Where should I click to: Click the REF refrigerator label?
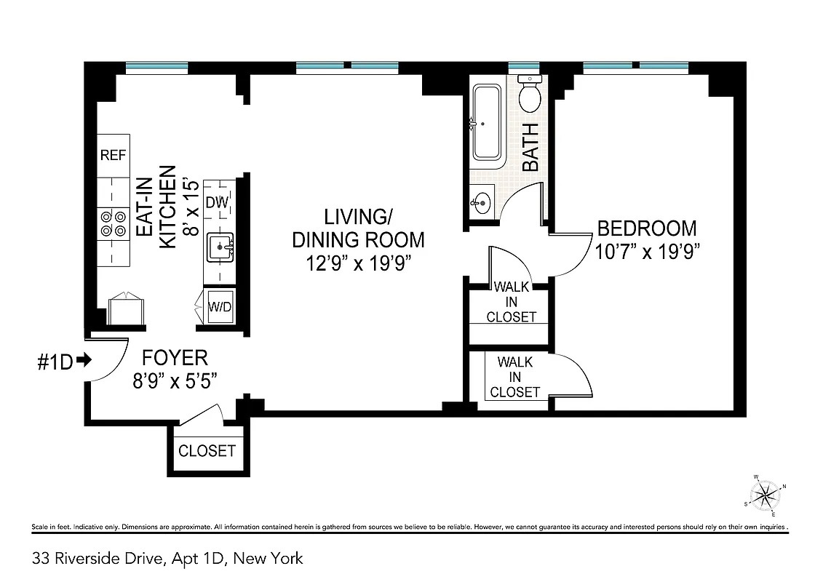(x=113, y=155)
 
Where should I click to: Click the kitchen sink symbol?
(x=220, y=247)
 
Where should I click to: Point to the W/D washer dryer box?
(x=220, y=306)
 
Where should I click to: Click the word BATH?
(x=530, y=147)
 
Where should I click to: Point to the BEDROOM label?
(x=646, y=228)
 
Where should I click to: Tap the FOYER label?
(x=175, y=358)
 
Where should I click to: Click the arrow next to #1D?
(x=83, y=359)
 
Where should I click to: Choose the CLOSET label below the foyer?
(x=207, y=450)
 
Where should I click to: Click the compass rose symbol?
(x=765, y=496)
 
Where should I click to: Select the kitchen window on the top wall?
(x=156, y=68)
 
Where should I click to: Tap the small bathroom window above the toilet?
(x=528, y=68)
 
